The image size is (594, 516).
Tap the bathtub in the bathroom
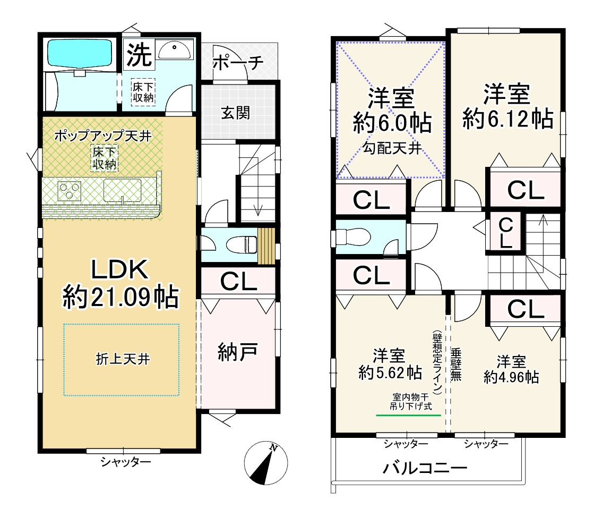[79, 53]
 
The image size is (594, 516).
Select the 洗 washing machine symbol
[139, 54]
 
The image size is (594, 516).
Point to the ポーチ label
[238, 63]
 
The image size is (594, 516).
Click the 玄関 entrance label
[236, 113]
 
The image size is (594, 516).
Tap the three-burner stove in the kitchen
[69, 191]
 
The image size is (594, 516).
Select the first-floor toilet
[239, 245]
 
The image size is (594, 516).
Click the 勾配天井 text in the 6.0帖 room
[392, 148]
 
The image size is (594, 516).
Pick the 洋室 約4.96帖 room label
[511, 370]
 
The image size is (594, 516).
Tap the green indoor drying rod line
[408, 415]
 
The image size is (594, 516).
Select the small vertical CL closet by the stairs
[506, 232]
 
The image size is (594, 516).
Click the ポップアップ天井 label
[103, 136]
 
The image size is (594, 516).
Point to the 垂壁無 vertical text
[455, 366]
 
